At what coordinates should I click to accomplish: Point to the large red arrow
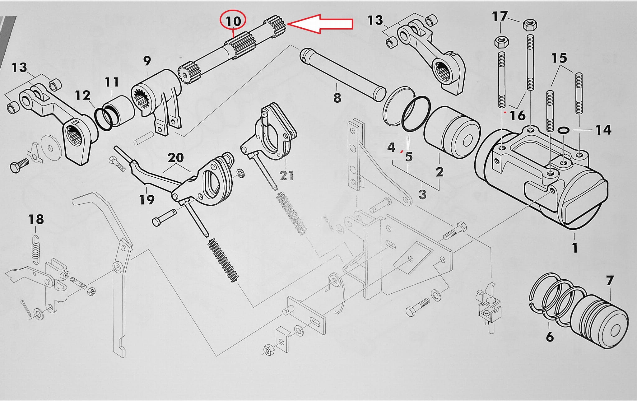click(x=320, y=24)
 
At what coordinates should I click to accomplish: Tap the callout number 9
click(x=147, y=61)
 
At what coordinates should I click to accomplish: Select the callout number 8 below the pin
click(x=337, y=98)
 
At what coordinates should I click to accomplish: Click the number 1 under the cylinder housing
click(x=574, y=248)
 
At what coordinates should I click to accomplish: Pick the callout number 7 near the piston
click(x=610, y=281)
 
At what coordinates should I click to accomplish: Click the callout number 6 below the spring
click(x=550, y=337)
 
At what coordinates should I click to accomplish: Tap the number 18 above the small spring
click(x=36, y=219)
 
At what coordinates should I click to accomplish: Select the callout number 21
click(x=286, y=175)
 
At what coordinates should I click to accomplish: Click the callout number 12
click(x=83, y=95)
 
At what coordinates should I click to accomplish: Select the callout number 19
click(x=147, y=199)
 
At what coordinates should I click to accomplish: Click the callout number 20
click(x=176, y=158)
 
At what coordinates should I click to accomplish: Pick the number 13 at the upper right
click(x=375, y=20)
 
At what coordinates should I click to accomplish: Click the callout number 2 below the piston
click(x=439, y=171)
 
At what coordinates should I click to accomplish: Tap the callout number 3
click(x=422, y=194)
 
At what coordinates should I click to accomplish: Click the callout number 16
click(x=518, y=116)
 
